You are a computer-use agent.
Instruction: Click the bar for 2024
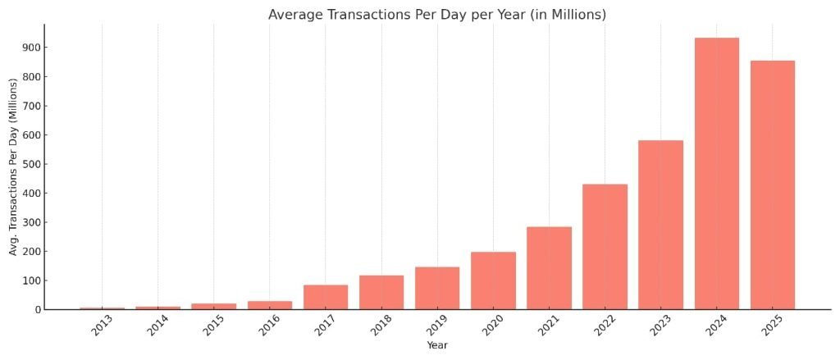coord(716,174)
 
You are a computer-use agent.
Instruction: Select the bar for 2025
coord(772,185)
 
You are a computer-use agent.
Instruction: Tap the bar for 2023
coord(660,225)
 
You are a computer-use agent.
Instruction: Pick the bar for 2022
coord(605,247)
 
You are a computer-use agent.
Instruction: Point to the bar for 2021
coord(549,268)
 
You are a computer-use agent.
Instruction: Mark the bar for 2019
coord(437,288)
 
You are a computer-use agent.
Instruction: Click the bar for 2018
coord(381,292)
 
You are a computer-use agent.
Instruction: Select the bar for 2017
coord(326,297)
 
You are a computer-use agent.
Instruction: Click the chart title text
coord(436,15)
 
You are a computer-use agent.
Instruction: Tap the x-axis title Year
coord(436,345)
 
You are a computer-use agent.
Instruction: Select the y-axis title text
coord(14,166)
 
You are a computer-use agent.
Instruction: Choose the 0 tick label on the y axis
coord(35,310)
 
